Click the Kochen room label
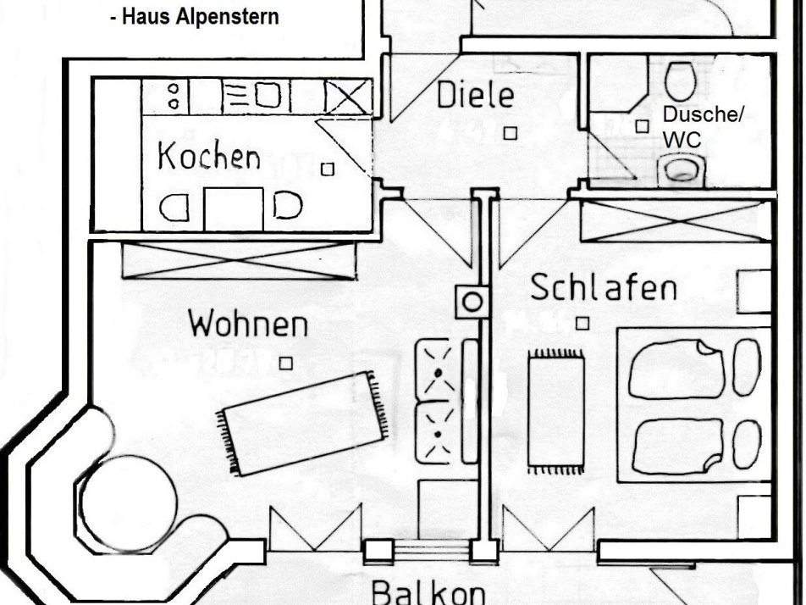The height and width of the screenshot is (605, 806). coord(208,158)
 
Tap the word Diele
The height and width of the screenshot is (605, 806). coord(475,95)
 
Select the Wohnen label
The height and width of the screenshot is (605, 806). coord(247,324)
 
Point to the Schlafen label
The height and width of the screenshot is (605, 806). coord(603,288)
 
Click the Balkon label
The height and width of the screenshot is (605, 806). coord(428,591)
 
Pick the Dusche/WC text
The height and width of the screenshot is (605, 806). coord(701,127)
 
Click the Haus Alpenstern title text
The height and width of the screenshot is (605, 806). coord(194,17)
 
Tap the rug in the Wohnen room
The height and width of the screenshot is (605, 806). coord(304,422)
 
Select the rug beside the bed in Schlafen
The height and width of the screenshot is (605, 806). coord(556,411)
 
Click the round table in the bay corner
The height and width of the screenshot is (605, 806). coord(131,492)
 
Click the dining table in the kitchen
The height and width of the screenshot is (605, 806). coord(234,208)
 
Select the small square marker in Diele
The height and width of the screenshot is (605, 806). coord(511,133)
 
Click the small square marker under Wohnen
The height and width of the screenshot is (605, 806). coord(286,363)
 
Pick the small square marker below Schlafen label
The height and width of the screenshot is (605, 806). coord(582,323)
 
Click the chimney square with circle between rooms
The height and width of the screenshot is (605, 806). coord(472,302)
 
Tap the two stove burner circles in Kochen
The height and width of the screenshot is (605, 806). coord(174,95)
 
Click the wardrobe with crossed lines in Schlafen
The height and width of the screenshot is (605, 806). coord(676,220)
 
